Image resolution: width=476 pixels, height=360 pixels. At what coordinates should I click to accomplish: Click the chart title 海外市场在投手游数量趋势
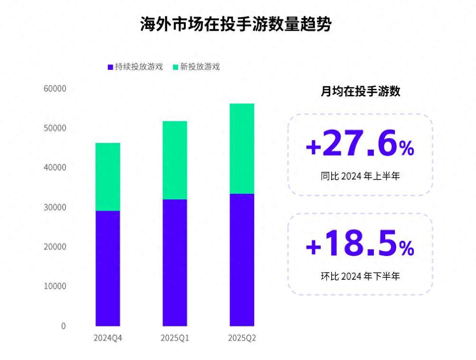pyautogui.click(x=236, y=24)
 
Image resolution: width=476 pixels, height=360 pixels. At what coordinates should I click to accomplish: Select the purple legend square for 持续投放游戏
pyautogui.click(x=110, y=67)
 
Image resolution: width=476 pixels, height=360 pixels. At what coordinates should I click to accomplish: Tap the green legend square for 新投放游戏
pyautogui.click(x=175, y=67)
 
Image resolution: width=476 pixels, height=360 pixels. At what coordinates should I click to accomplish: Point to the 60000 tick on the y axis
pyautogui.click(x=56, y=89)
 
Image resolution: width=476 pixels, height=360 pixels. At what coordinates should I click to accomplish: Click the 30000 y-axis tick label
pyautogui.click(x=56, y=208)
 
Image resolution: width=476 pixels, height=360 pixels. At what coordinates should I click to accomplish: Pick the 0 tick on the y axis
pyautogui.click(x=63, y=326)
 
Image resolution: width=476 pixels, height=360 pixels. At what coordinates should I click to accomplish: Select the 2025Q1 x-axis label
pyautogui.click(x=175, y=338)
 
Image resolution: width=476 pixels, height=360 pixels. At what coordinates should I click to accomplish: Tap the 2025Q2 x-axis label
pyautogui.click(x=242, y=338)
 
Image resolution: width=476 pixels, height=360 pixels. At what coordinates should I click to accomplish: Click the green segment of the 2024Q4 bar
pyautogui.click(x=108, y=177)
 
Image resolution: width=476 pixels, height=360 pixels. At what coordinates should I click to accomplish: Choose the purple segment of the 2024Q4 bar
pyautogui.click(x=108, y=268)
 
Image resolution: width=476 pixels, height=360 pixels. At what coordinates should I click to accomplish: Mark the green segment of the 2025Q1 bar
pyautogui.click(x=175, y=160)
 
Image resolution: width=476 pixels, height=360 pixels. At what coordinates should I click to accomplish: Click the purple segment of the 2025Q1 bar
pyautogui.click(x=175, y=263)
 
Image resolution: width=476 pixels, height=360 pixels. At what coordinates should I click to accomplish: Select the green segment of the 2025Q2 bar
pyautogui.click(x=242, y=149)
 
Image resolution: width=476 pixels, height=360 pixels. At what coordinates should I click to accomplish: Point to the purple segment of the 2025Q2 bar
pyautogui.click(x=242, y=260)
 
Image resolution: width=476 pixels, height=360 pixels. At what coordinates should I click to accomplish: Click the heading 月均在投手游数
pyautogui.click(x=361, y=92)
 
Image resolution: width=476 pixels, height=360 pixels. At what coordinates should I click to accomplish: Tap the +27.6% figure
pyautogui.click(x=360, y=144)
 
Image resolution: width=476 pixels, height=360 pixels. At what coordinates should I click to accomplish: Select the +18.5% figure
pyautogui.click(x=360, y=244)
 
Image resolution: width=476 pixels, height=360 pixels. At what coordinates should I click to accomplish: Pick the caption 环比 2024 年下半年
pyautogui.click(x=360, y=276)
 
